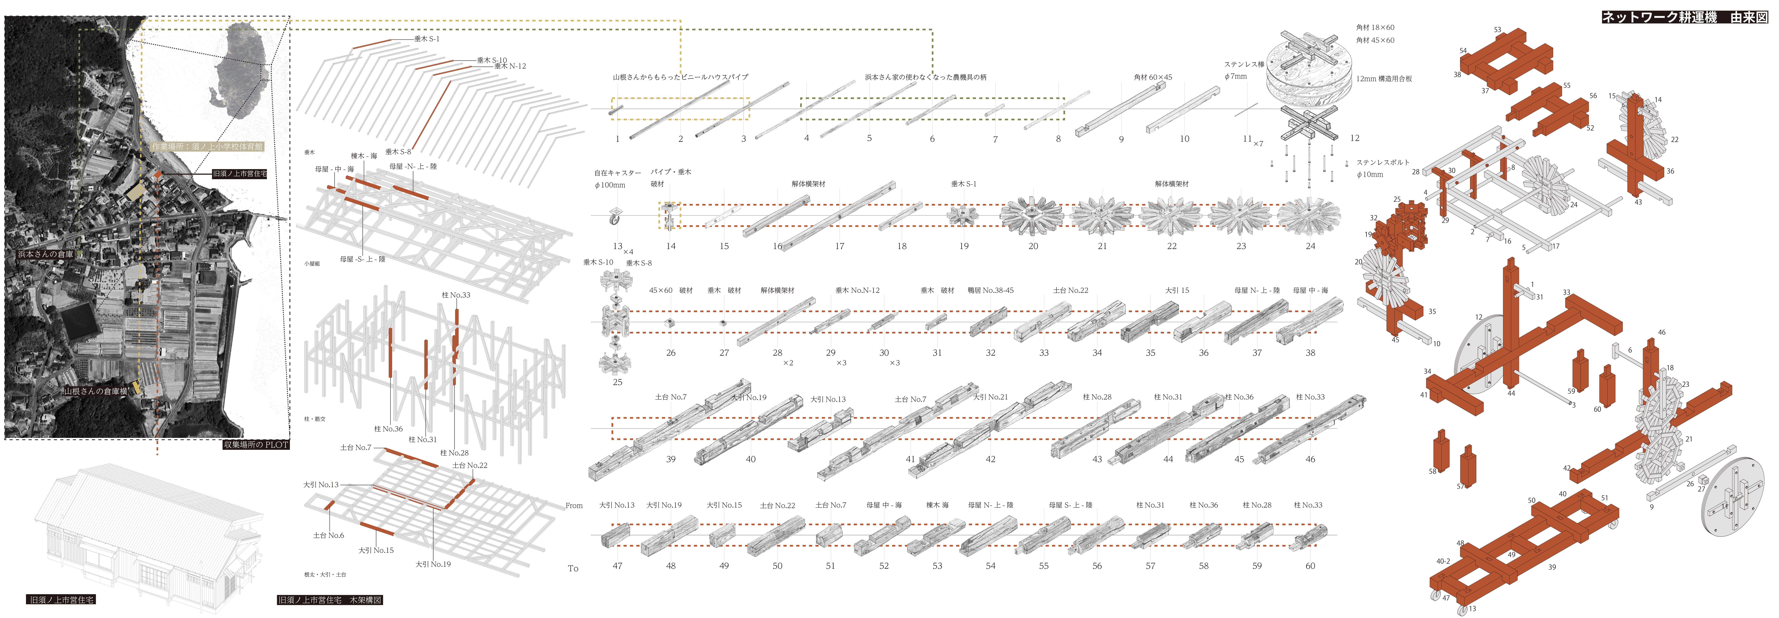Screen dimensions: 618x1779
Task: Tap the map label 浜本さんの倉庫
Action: [46, 254]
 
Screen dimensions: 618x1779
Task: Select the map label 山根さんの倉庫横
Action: [96, 391]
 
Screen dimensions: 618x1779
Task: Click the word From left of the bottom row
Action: [574, 505]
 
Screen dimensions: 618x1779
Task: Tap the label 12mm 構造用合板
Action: [1384, 79]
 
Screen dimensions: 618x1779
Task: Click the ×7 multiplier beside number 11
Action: [1258, 144]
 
